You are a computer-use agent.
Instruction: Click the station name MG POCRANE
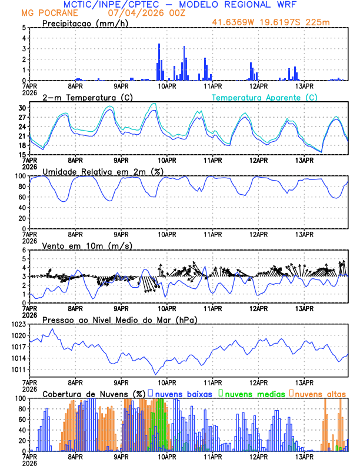click(45, 12)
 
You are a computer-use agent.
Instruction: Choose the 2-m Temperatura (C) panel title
click(88, 97)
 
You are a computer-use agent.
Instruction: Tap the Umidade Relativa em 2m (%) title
click(104, 171)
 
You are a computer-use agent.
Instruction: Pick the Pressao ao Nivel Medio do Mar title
click(119, 319)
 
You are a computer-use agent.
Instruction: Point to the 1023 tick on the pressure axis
click(19, 324)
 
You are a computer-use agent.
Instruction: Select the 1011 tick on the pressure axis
click(19, 370)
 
